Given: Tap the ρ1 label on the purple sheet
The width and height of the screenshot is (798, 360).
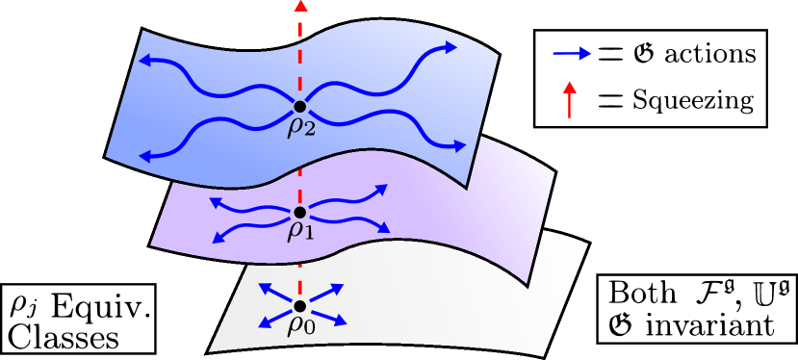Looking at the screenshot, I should [301, 231].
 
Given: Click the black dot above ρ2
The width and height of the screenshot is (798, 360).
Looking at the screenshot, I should [300, 106].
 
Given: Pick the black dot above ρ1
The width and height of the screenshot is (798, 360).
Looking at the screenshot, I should [300, 212].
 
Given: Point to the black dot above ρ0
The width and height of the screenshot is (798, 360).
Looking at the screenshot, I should [300, 306].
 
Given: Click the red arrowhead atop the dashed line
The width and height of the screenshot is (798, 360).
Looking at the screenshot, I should [300, 6].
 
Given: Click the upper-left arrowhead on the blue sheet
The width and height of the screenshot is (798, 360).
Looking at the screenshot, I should [144, 61].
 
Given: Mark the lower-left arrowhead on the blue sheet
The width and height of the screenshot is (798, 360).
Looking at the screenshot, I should [146, 156].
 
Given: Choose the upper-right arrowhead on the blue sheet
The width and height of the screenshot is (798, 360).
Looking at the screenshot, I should [450, 46].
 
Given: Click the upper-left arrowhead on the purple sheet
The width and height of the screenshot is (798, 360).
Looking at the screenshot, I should [216, 202].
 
